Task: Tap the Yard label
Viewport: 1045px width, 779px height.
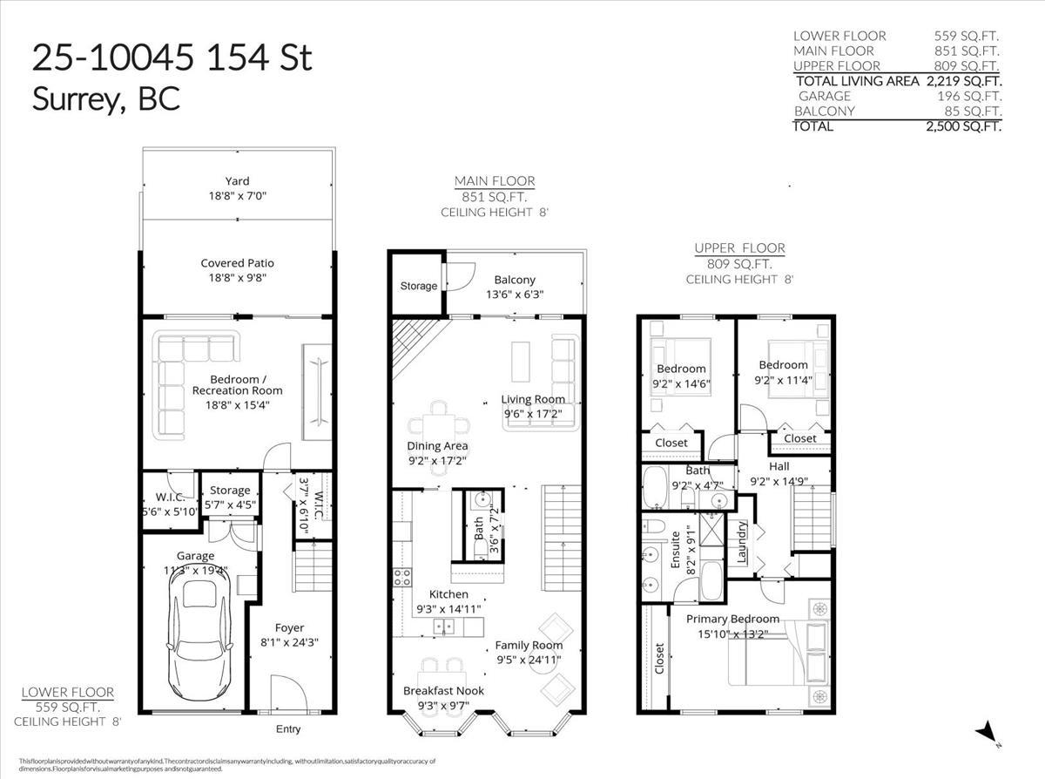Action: coord(237,181)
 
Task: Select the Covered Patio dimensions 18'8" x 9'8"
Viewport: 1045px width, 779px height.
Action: coord(237,278)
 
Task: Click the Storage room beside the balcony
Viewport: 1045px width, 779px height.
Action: coord(418,285)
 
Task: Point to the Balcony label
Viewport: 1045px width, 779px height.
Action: coord(515,280)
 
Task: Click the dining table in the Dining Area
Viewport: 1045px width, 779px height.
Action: coord(440,425)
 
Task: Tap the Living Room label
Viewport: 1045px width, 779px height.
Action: coord(533,399)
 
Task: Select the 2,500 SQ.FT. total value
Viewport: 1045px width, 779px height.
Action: coord(963,126)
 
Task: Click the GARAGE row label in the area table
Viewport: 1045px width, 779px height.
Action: coord(824,96)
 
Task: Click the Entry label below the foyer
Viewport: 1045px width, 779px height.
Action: coord(288,729)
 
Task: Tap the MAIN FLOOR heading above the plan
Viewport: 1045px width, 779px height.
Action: coord(495,181)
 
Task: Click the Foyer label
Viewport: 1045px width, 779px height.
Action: coord(290,627)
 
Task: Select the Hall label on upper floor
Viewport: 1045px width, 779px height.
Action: coord(779,466)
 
